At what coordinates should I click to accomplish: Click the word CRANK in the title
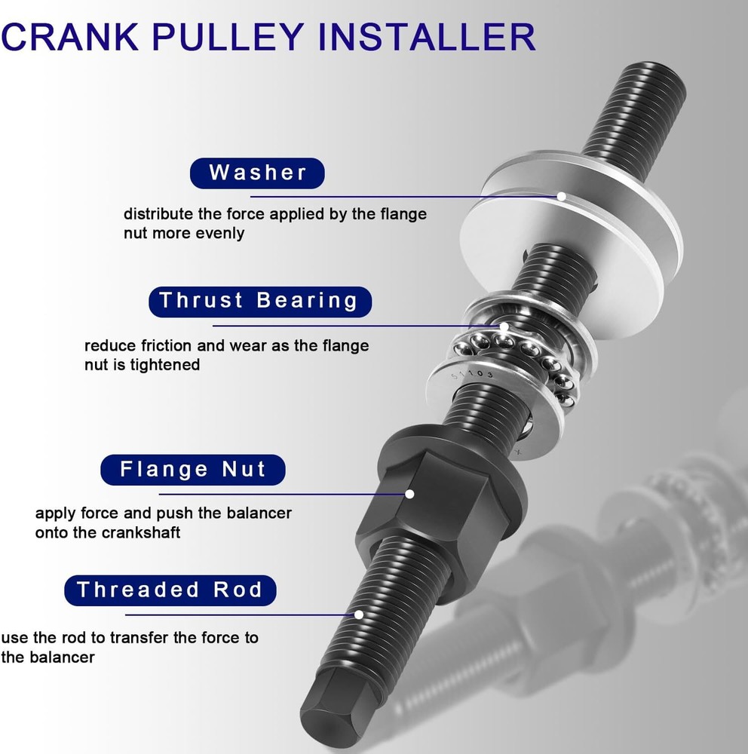tap(70, 36)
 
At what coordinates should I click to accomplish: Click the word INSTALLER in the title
tap(427, 36)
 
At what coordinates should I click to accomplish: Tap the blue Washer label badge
tap(257, 173)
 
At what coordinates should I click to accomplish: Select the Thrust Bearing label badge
tap(260, 302)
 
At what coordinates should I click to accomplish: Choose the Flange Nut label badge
tap(193, 469)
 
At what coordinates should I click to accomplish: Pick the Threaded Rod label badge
tap(170, 590)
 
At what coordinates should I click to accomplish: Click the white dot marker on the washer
tap(561, 196)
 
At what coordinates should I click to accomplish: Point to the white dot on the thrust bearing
tap(504, 326)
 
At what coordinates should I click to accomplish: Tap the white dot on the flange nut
tap(410, 494)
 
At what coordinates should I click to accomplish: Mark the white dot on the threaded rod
tap(359, 615)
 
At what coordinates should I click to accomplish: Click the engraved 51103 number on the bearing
tap(472, 374)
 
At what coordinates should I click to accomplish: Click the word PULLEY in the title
tap(228, 36)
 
